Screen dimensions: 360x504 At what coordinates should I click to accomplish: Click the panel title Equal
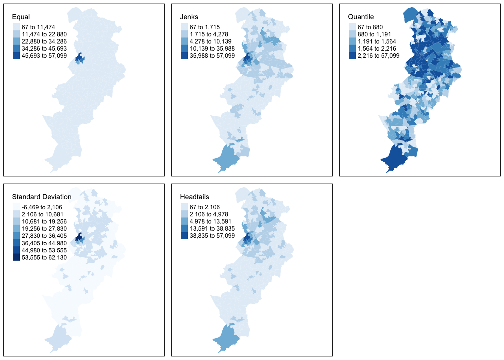(21, 17)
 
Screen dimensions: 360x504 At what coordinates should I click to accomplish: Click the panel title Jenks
(189, 17)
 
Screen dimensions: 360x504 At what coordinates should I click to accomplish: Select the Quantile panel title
(361, 17)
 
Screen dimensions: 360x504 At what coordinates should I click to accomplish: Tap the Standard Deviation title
(42, 197)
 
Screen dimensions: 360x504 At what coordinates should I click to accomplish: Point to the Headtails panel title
(194, 197)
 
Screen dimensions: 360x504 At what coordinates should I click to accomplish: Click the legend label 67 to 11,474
(38, 27)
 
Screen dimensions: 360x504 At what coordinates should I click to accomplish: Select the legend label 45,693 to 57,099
(44, 55)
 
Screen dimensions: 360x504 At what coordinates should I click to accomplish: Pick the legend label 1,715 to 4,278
(208, 34)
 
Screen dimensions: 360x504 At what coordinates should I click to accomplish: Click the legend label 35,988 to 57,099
(212, 55)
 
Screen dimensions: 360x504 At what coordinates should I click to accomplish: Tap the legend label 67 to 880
(370, 27)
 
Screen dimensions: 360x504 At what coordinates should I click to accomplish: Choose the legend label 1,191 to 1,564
(376, 41)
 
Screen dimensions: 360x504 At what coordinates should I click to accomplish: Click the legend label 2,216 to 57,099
(378, 55)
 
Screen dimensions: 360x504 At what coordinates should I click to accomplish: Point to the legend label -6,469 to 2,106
(42, 207)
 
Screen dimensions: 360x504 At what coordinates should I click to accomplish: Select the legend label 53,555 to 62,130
(44, 257)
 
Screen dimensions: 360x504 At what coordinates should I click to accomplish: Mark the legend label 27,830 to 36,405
(44, 236)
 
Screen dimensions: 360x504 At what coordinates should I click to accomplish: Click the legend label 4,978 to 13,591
(210, 221)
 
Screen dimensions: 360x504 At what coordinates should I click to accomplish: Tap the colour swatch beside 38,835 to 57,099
(184, 236)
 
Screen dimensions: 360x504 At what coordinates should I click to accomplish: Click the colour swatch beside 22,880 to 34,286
(16, 41)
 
